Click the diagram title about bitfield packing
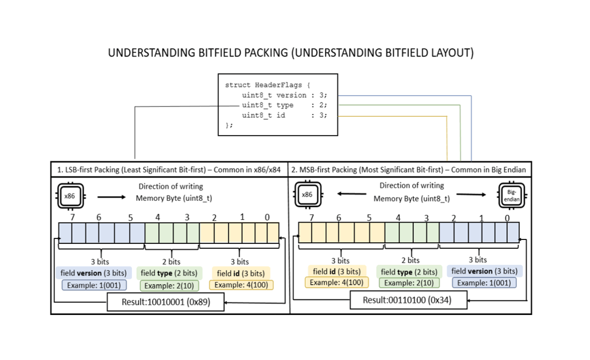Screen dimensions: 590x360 [291, 53]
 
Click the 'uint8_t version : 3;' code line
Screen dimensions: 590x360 [285, 95]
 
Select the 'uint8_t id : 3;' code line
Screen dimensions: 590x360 [285, 115]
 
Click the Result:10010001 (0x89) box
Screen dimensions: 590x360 [166, 302]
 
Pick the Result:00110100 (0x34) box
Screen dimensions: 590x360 [408, 300]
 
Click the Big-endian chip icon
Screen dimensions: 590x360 [512, 195]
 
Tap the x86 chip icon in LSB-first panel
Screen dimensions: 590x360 [71, 195]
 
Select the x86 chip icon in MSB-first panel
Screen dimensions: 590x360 [308, 194]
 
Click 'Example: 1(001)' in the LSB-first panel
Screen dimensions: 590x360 [94, 285]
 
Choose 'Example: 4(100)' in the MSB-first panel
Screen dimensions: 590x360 [337, 282]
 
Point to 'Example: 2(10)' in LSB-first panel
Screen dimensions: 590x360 [170, 286]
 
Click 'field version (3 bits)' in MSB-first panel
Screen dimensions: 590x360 [484, 271]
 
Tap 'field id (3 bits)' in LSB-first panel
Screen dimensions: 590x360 [241, 274]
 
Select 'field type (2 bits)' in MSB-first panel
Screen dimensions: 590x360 [409, 271]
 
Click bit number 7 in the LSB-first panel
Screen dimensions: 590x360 [72, 217]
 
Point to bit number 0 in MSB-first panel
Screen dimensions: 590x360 [507, 218]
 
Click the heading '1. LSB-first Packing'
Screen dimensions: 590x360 [169, 169]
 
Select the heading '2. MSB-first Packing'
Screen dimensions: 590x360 [409, 169]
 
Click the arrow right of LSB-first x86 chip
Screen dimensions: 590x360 [111, 197]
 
